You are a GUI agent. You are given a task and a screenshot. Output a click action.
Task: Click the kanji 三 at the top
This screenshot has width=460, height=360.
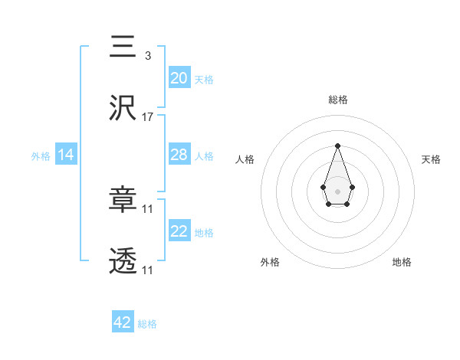(x=123, y=47)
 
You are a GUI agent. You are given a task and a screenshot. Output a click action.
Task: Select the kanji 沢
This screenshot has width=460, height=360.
(x=123, y=109)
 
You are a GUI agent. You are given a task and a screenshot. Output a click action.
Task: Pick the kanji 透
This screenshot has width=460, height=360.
(x=123, y=262)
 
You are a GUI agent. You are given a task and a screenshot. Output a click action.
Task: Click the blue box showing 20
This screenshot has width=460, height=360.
(x=179, y=78)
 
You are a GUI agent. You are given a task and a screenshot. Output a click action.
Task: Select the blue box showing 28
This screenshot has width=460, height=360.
(x=179, y=155)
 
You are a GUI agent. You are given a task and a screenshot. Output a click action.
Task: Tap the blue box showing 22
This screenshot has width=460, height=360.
(x=179, y=231)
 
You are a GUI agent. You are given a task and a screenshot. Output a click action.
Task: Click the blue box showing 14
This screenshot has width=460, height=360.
(x=66, y=155)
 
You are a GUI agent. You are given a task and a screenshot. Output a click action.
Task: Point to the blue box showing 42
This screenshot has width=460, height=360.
(x=123, y=322)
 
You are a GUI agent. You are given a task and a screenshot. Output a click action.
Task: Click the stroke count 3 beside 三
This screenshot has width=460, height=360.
(x=147, y=55)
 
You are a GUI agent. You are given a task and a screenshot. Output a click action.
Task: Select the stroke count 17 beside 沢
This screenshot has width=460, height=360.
(x=148, y=117)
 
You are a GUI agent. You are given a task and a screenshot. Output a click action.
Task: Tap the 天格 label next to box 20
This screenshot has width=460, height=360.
(x=204, y=80)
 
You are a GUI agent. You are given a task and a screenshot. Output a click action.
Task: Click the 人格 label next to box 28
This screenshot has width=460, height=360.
(x=204, y=156)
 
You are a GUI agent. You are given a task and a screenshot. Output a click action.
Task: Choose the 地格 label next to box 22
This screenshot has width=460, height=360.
(x=204, y=233)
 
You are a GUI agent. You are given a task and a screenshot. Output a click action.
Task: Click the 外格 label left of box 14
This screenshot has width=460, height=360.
(x=41, y=156)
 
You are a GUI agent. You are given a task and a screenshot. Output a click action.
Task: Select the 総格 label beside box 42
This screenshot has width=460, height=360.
(x=147, y=324)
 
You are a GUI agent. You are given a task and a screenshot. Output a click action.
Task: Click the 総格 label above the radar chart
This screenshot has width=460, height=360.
(x=337, y=100)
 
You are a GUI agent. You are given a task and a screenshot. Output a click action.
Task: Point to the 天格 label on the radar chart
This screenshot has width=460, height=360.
(x=431, y=159)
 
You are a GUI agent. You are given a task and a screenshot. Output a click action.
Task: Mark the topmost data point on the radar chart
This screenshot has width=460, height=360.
(x=337, y=146)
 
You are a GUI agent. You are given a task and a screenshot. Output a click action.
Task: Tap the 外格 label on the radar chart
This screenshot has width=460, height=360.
(x=270, y=262)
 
